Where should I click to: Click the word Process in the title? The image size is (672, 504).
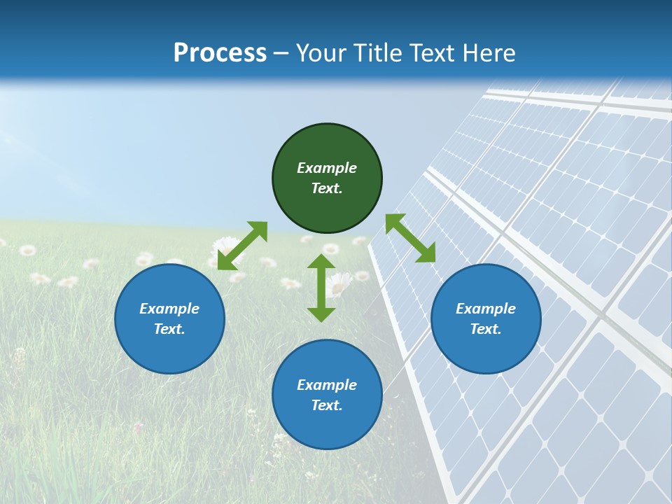220,52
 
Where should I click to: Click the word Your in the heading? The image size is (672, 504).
321,52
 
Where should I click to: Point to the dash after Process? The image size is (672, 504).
281,54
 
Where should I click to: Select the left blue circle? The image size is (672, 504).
169,318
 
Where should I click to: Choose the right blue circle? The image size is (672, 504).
486,318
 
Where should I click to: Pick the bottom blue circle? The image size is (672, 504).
327,395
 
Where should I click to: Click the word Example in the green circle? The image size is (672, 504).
327,168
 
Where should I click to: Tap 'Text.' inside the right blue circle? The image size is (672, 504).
486,329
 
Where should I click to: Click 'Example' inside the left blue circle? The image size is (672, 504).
169,309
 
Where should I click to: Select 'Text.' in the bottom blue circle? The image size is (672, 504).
327,405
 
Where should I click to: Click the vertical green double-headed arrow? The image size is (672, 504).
321,288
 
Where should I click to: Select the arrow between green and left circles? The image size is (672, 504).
242,246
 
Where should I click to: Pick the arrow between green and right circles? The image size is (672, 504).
410,238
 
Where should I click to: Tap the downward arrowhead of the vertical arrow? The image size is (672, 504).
321,314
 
